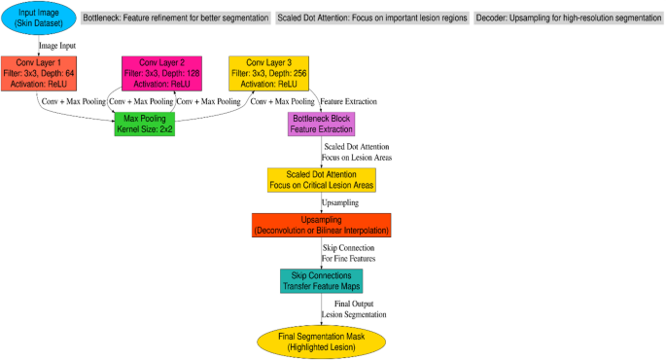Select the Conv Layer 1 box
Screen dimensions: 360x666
(39, 72)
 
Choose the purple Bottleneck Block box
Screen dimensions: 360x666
(321, 125)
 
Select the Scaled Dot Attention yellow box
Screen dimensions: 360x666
(321, 179)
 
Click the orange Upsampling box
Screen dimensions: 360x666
(321, 226)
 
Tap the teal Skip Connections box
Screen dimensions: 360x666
(321, 280)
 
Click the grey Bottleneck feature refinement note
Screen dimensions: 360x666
(177, 18)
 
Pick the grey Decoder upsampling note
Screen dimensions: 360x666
(569, 18)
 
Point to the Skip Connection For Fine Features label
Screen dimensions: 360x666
(350, 253)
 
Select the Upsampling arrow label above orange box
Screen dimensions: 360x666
(341, 202)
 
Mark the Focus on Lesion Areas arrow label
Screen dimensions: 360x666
(359, 156)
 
